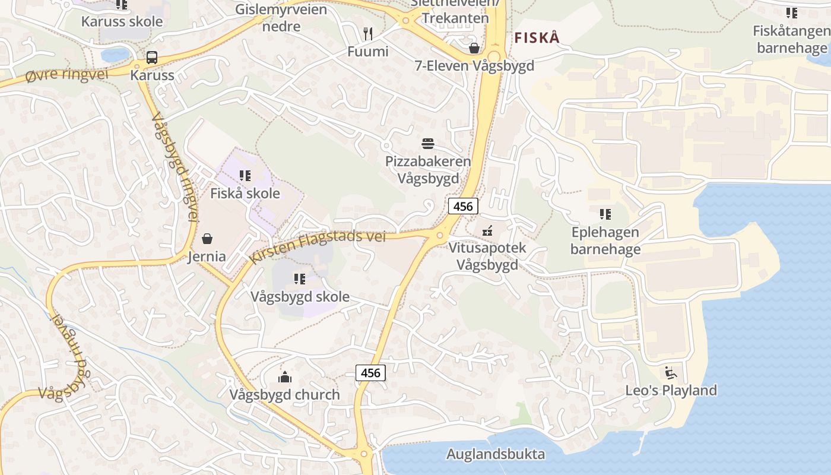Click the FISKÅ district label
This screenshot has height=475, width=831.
tap(537, 38)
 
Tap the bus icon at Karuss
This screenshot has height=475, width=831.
tap(152, 58)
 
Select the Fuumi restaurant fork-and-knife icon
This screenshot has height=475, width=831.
tap(368, 34)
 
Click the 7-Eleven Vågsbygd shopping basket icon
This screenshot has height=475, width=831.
tap(474, 48)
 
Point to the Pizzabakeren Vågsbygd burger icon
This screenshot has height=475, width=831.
tap(428, 144)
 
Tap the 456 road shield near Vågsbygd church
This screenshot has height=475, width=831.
tap(370, 373)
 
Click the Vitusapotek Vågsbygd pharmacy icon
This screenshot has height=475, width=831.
tap(487, 230)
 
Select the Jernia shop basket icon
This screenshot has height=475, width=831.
tap(207, 239)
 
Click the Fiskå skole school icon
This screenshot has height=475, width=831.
tap(245, 176)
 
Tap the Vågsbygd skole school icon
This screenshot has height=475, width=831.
tap(300, 278)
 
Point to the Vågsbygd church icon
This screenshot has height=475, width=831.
tap(285, 377)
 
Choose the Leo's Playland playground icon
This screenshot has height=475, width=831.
tap(671, 373)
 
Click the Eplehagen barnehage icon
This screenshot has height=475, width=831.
tap(605, 214)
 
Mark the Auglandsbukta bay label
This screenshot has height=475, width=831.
tap(496, 455)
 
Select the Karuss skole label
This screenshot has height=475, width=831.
tap(122, 22)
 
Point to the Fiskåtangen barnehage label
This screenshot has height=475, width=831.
tap(791, 39)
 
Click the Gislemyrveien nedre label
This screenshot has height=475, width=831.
tap(281, 18)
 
